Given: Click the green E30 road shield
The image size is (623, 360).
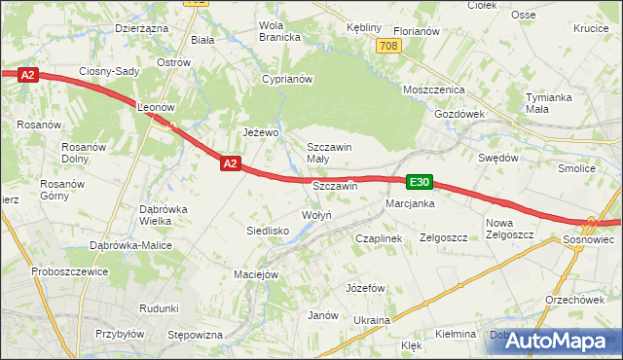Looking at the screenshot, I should pos(419,182).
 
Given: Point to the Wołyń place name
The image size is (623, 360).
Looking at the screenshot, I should pos(317,215).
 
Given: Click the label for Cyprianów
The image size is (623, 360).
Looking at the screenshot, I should pos(286,79).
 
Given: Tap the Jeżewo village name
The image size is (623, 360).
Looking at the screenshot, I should pos(261,132).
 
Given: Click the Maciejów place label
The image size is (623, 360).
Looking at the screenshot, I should pos(257,274).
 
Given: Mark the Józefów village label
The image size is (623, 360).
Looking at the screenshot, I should pos(367,288).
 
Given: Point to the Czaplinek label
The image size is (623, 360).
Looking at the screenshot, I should pos(379,237).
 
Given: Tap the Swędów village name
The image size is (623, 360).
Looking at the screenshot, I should pos(497,157).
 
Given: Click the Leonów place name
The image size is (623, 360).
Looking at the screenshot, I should pos(155,107).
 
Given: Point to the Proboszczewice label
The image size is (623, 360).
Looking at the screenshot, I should pos(69,271).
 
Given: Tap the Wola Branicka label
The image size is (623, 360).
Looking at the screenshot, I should pos(279,31).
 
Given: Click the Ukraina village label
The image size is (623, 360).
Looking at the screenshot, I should pos(372,320).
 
